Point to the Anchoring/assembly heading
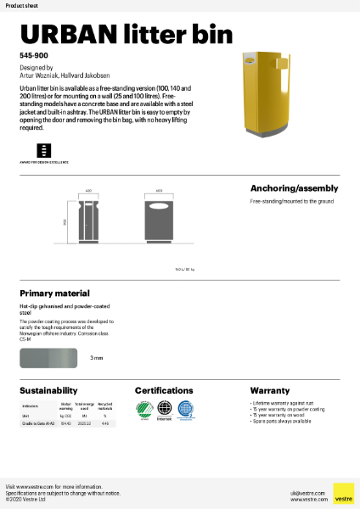[x=294, y=188]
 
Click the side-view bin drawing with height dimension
[x=88, y=222]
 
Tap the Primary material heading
[x=54, y=293]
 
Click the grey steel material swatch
[x=49, y=358]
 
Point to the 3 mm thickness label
[x=97, y=358]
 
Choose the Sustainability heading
[x=49, y=390]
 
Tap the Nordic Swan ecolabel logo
[x=143, y=410]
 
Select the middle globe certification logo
[x=165, y=410]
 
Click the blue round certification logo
[x=186, y=410]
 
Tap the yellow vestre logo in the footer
[x=342, y=494]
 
